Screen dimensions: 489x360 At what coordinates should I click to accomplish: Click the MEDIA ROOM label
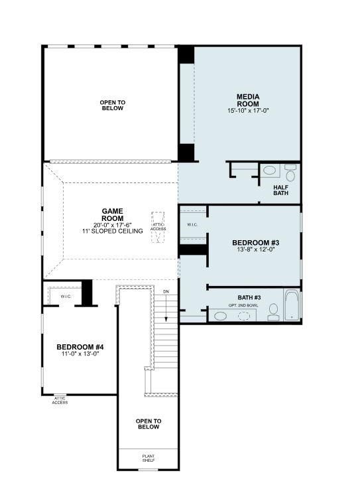pyautogui.click(x=248, y=100)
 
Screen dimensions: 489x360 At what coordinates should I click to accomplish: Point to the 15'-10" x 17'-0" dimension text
pyautogui.click(x=248, y=110)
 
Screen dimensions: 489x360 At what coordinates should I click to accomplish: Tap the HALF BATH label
pyautogui.click(x=281, y=190)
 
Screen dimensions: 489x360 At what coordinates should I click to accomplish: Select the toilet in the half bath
pyautogui.click(x=290, y=174)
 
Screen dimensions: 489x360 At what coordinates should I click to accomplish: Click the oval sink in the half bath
pyautogui.click(x=270, y=171)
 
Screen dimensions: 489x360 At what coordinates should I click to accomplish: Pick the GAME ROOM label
pyautogui.click(x=113, y=214)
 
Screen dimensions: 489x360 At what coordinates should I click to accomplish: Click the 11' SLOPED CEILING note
pyautogui.click(x=113, y=231)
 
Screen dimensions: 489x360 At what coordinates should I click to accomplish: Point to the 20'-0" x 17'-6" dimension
pyautogui.click(x=113, y=224)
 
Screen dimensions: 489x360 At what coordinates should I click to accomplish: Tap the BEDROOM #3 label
pyautogui.click(x=255, y=242)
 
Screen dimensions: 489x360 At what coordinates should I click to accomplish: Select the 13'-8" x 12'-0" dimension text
pyautogui.click(x=255, y=251)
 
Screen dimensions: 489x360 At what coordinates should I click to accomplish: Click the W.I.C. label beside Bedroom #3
pyautogui.click(x=192, y=225)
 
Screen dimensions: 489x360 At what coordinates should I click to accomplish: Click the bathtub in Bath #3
pyautogui.click(x=292, y=305)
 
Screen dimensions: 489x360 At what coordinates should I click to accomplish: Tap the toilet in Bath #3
pyautogui.click(x=273, y=312)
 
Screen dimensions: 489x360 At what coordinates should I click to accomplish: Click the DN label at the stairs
pyautogui.click(x=166, y=291)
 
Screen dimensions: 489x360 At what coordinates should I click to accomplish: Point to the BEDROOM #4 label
pyautogui.click(x=80, y=346)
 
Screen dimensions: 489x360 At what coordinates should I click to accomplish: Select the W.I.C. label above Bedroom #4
pyautogui.click(x=66, y=296)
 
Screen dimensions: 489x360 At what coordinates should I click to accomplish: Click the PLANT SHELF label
pyautogui.click(x=148, y=458)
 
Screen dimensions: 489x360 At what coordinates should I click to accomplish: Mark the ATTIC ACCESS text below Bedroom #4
pyautogui.click(x=60, y=400)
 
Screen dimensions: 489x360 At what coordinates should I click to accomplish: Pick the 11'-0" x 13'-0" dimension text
pyautogui.click(x=80, y=354)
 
